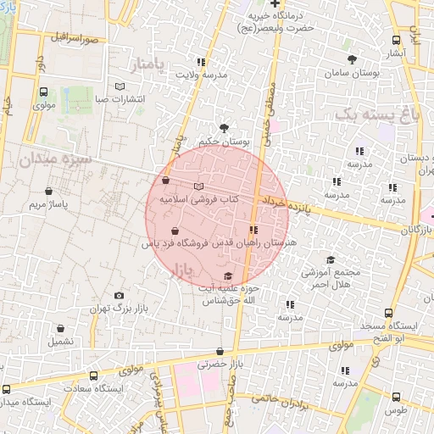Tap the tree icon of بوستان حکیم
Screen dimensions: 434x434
click(223, 125)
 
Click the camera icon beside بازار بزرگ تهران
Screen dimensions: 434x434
click(118, 294)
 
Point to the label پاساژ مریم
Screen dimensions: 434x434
click(48, 205)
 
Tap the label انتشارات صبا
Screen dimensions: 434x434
click(120, 99)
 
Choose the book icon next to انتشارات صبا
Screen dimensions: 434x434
click(120, 86)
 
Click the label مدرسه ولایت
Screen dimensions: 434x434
click(201, 75)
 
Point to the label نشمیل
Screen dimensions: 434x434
click(60, 342)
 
